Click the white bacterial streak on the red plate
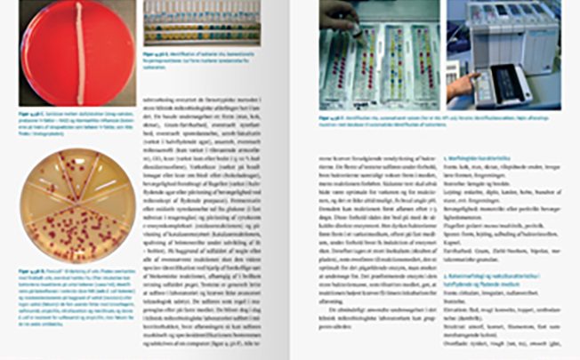coord(81,53)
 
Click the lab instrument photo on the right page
coord(503,53)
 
